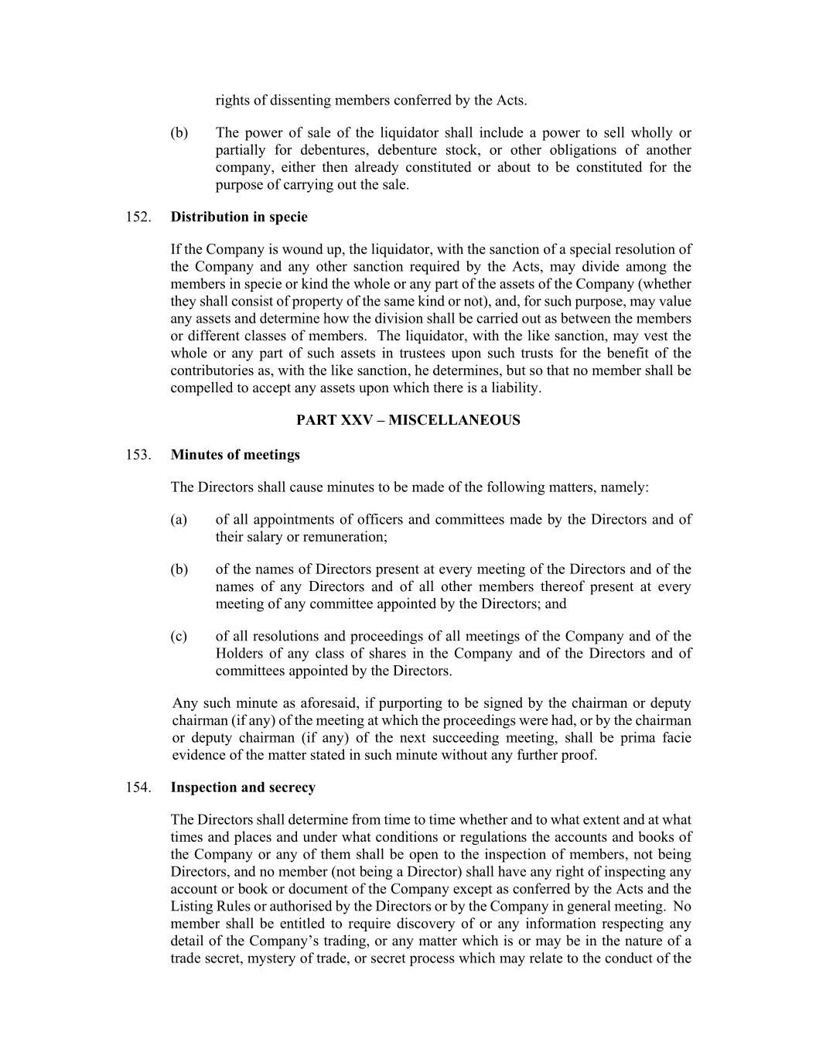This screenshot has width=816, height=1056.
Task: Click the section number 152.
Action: point(138,217)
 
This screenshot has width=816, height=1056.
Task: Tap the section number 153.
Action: point(138,455)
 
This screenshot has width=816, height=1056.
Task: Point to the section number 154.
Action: point(138,788)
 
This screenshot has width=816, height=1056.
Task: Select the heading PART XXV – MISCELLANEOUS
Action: point(408,421)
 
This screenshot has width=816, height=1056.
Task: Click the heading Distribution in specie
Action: point(239,217)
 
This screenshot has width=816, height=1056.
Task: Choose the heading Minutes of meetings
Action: point(235,455)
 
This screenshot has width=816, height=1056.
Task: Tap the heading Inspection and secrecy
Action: point(243,788)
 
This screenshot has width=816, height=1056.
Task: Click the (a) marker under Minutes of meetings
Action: point(179,520)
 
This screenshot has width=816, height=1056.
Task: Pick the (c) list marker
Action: point(179,637)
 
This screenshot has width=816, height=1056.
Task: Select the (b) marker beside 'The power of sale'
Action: point(179,133)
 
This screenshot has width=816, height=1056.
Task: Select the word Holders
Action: point(241,654)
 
